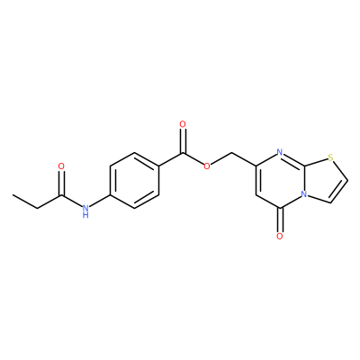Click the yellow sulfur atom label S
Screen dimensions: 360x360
pos(330,157)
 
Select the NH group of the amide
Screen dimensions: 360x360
pos(85,211)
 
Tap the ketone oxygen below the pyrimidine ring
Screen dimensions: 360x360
pos(280,237)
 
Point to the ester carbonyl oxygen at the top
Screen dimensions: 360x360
pos(183,124)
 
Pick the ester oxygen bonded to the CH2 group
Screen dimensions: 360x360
pos(206,166)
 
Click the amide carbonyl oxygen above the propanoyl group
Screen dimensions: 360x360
pos(61,166)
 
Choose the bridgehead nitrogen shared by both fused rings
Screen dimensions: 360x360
pos(304,194)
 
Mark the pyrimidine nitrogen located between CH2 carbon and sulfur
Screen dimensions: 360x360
pos(280,152)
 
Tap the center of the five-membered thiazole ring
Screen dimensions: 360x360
pos(324,180)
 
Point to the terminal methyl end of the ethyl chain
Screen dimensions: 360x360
pos(13,194)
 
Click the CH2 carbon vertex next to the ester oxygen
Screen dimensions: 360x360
pos(231,152)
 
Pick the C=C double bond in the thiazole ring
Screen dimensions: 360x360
pos(339,192)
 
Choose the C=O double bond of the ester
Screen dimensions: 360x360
pos(183,140)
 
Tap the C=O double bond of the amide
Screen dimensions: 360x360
pos(61,183)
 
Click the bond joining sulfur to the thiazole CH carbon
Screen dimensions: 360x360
pos(340,170)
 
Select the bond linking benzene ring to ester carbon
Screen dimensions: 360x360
pos(170,159)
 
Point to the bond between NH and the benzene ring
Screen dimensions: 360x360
pos(100,201)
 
